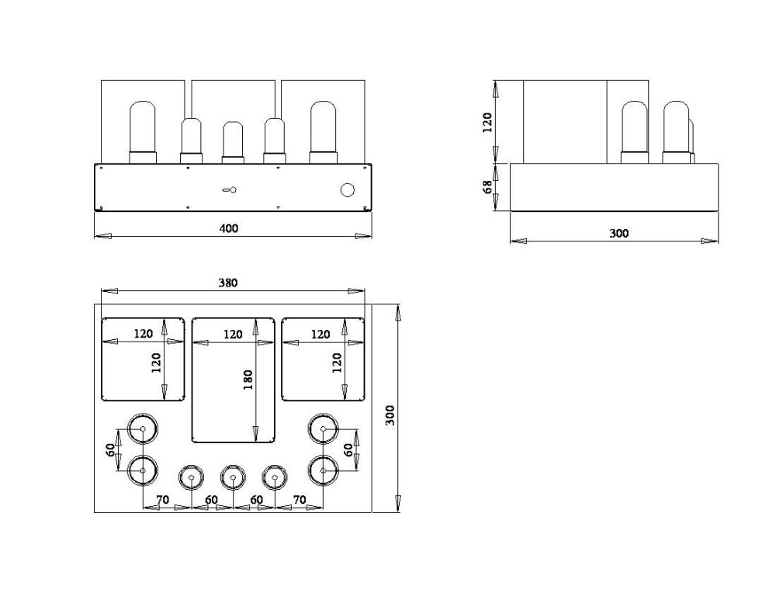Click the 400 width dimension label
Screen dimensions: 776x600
point(229,228)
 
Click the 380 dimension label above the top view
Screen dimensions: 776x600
point(228,283)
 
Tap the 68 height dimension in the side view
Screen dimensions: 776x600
point(487,186)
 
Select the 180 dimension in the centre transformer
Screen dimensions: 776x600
point(248,380)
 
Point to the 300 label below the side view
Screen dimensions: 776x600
point(618,233)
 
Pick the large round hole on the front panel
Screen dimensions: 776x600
point(348,190)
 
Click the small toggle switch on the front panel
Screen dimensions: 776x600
point(230,189)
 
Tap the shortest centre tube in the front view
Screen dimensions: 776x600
point(233,143)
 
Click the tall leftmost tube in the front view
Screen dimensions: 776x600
point(143,132)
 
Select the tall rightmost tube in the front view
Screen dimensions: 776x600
point(323,132)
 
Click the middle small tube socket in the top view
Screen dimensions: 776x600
point(233,477)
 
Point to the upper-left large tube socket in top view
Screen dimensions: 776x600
point(143,428)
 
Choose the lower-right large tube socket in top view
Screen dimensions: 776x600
point(323,471)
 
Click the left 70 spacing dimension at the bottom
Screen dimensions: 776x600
point(162,500)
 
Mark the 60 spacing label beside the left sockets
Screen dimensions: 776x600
point(111,449)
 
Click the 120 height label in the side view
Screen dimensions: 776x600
point(487,123)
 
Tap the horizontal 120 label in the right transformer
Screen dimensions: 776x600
point(320,335)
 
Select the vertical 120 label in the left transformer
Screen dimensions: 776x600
point(157,362)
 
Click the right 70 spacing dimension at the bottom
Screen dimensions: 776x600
point(300,500)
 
